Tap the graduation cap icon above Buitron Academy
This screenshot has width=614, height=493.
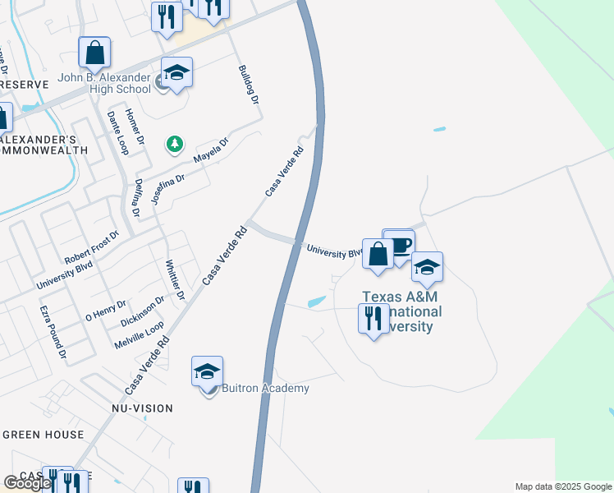207,372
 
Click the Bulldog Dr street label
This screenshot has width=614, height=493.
249,85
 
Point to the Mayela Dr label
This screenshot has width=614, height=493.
211,150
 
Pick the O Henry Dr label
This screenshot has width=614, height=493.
106,310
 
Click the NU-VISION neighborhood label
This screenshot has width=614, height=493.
142,408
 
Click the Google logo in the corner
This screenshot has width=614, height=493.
27,483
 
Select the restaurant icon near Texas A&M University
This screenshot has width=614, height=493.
373,318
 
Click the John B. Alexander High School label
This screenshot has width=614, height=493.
104,84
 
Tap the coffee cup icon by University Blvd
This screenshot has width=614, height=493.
401,246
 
